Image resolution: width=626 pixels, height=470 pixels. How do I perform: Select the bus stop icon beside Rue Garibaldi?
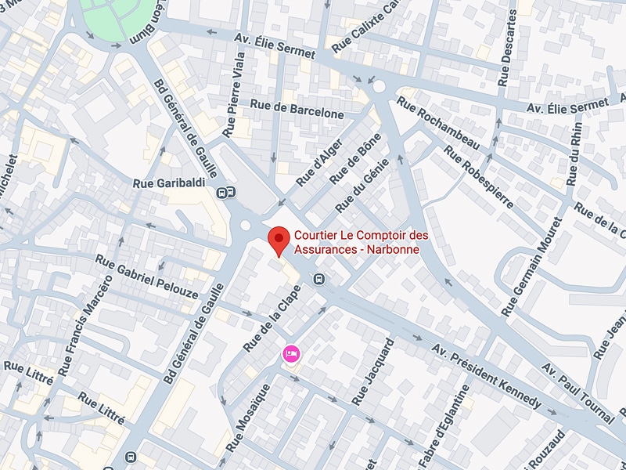coord(227,192)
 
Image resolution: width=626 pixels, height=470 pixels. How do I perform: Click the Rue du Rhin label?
coord(576,154)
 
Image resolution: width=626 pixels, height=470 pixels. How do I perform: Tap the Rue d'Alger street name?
coord(321,161)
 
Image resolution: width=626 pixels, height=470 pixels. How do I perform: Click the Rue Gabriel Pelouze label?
coord(147,271)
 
